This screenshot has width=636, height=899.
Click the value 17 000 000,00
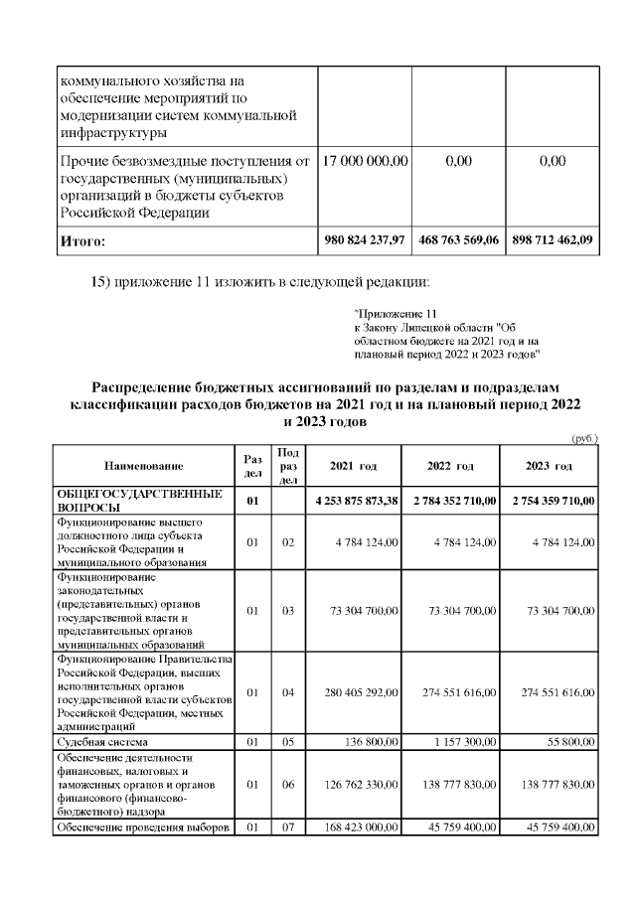tap(364, 161)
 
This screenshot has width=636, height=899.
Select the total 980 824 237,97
tap(364, 240)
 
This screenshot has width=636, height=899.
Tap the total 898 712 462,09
tap(554, 240)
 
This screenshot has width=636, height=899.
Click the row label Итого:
tap(82, 241)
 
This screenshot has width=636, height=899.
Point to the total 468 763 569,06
tap(459, 240)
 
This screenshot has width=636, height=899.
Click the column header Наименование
tap(143, 466)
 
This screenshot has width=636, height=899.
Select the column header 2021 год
tap(353, 466)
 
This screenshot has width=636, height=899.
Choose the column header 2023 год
tap(550, 466)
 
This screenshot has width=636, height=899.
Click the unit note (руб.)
tap(583, 437)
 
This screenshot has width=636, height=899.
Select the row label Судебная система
tap(102, 741)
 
